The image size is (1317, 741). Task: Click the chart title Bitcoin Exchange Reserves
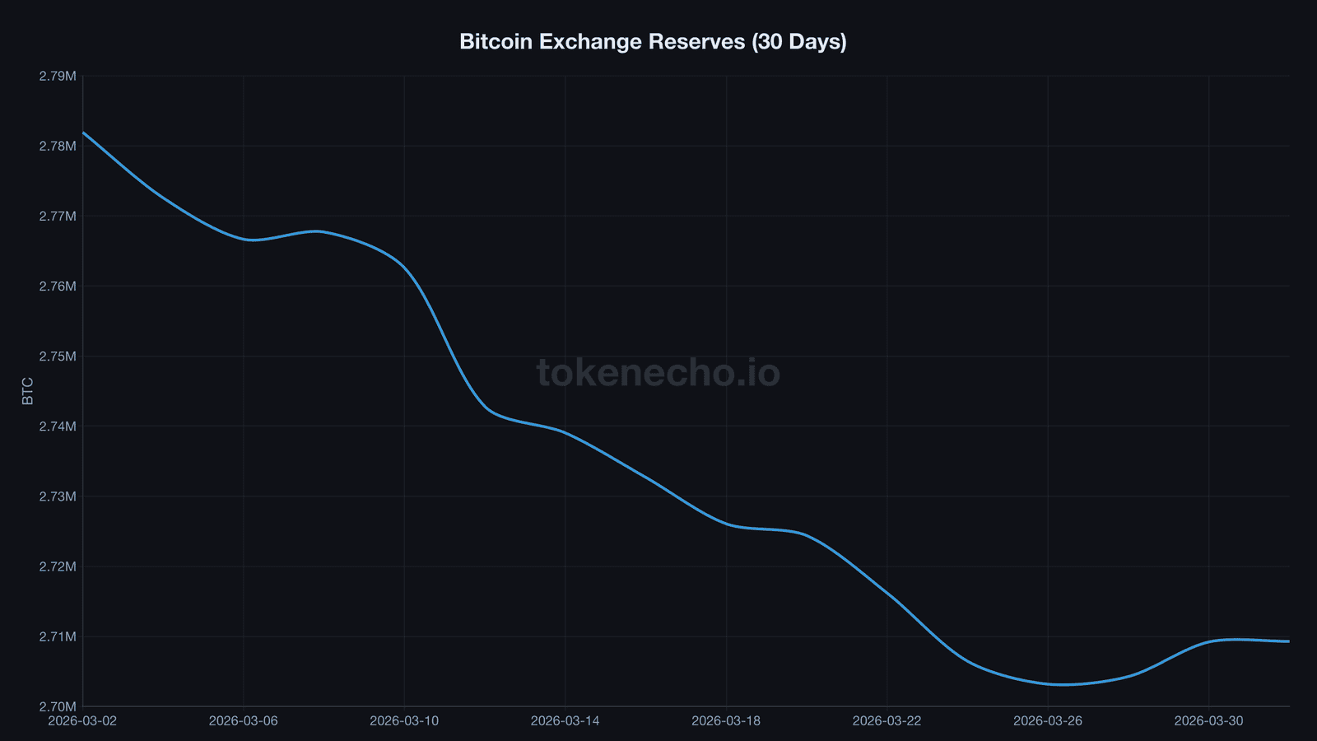click(x=653, y=41)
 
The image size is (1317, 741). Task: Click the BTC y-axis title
click(x=28, y=391)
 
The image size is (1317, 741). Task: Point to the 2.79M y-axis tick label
click(x=58, y=76)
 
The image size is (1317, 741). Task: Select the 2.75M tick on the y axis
click(x=58, y=357)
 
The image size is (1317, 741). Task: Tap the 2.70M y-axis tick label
click(x=58, y=706)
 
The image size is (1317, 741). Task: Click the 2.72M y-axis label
click(x=58, y=566)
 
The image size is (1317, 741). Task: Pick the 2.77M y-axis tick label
click(x=58, y=217)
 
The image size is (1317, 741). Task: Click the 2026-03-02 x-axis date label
click(x=82, y=721)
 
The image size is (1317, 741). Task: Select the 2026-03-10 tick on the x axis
click(x=404, y=721)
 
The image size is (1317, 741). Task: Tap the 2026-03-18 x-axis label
click(x=726, y=721)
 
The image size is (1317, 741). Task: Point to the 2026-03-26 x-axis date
click(x=1048, y=721)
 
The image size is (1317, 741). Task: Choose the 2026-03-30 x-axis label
click(x=1208, y=721)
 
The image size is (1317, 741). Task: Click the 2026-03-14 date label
click(x=565, y=721)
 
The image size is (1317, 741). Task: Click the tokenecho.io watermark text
click(x=658, y=372)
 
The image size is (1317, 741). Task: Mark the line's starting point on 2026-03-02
click(x=83, y=132)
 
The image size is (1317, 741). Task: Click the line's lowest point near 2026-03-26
click(x=1062, y=684)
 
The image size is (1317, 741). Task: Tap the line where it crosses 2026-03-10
click(x=404, y=267)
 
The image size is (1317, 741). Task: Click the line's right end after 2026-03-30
click(x=1288, y=641)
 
